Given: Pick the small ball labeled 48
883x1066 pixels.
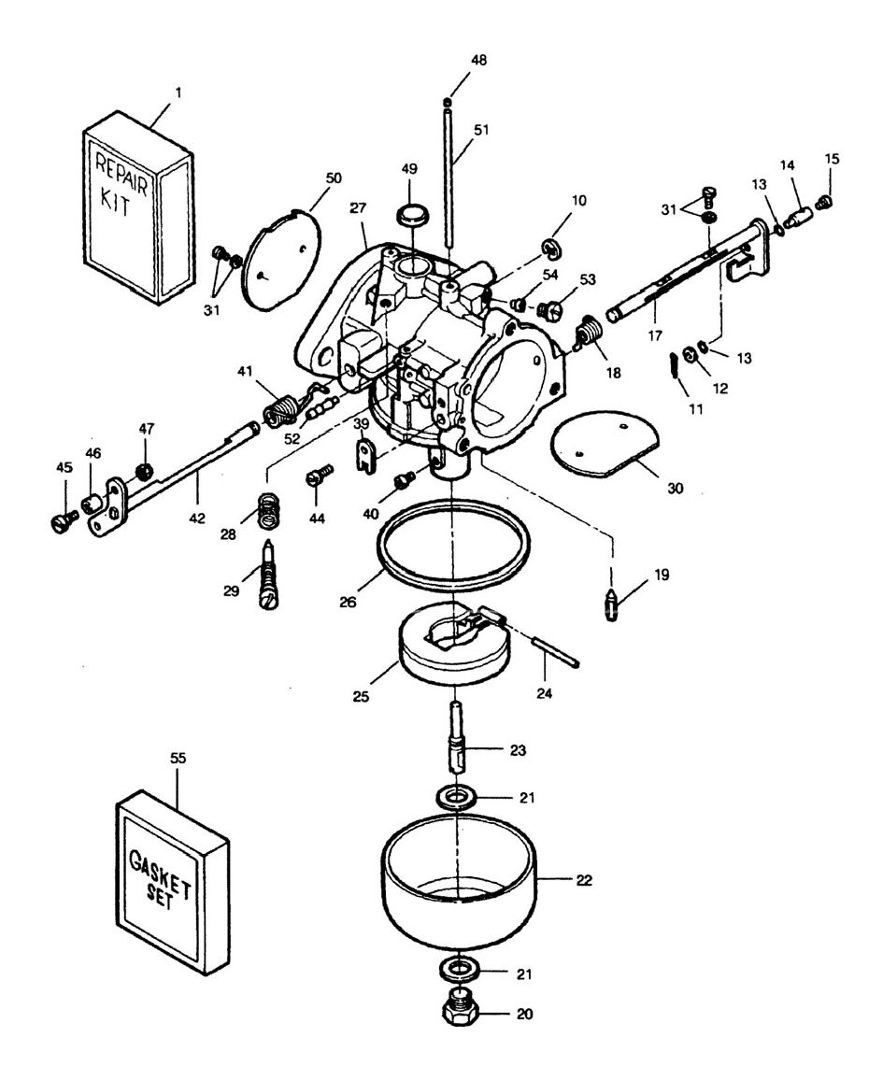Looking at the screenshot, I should pyautogui.click(x=449, y=101).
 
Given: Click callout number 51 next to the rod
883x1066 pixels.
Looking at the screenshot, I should pyautogui.click(x=480, y=132).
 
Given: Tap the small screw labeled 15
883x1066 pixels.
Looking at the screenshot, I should pyautogui.click(x=824, y=201).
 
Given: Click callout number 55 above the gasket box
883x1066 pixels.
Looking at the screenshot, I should pyautogui.click(x=178, y=759).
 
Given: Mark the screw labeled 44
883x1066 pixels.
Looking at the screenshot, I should pyautogui.click(x=315, y=480).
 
